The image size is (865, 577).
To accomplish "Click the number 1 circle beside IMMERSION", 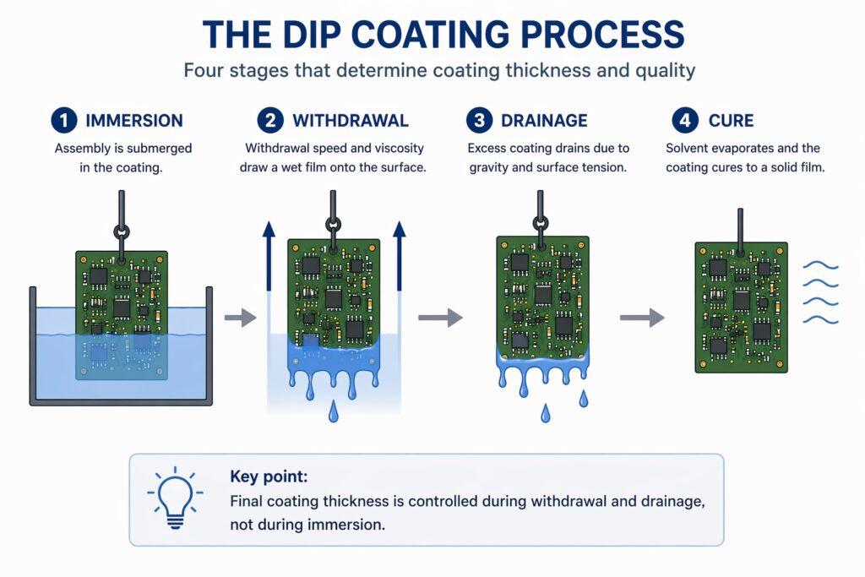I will click(63, 121).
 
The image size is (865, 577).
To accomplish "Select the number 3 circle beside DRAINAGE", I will click(480, 121).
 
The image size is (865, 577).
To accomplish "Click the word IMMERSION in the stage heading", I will click(133, 121).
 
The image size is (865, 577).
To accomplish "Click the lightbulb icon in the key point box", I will click(174, 498).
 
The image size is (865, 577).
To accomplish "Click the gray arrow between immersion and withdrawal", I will click(241, 318).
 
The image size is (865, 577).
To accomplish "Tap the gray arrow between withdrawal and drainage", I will click(440, 318).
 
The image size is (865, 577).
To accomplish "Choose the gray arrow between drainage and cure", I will click(641, 318).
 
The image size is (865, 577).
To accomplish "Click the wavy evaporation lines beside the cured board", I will click(819, 292).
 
